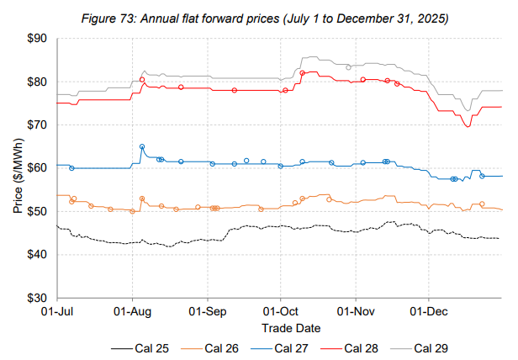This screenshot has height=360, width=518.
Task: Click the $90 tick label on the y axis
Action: (x=38, y=39)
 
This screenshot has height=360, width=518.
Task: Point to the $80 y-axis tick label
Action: (x=38, y=82)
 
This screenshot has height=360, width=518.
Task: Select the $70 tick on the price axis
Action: (x=38, y=124)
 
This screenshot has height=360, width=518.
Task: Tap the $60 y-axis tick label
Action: (x=38, y=168)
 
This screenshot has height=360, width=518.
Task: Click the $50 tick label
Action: (x=38, y=211)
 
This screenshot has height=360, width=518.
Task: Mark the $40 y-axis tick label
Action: (x=38, y=255)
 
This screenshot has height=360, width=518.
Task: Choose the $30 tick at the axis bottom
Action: (x=38, y=298)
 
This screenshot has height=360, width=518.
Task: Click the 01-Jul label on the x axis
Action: (x=57, y=310)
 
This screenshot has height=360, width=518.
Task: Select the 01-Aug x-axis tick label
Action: (x=133, y=310)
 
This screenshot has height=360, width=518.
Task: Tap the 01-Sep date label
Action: (x=208, y=310)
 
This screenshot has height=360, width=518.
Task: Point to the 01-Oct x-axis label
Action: (x=281, y=310)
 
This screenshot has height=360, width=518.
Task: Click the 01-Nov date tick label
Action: (x=356, y=310)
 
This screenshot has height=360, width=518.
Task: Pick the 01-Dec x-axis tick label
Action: (x=429, y=310)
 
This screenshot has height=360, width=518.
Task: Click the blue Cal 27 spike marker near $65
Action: (x=142, y=147)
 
